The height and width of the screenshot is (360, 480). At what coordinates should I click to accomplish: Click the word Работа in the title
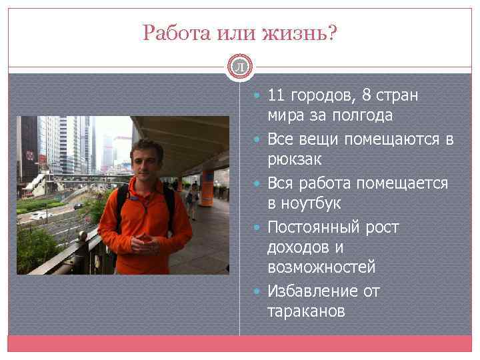pos(172,33)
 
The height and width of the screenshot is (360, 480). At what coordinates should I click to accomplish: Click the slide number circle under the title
pos(240,65)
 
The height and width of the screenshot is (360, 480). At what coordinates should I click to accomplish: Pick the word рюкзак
pos(294,160)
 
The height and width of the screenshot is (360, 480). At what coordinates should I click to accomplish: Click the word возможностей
pos(321,267)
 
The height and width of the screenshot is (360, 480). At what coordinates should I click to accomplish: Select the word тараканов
pos(306,311)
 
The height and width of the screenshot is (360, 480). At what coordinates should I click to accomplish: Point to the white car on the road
pos(41,215)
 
